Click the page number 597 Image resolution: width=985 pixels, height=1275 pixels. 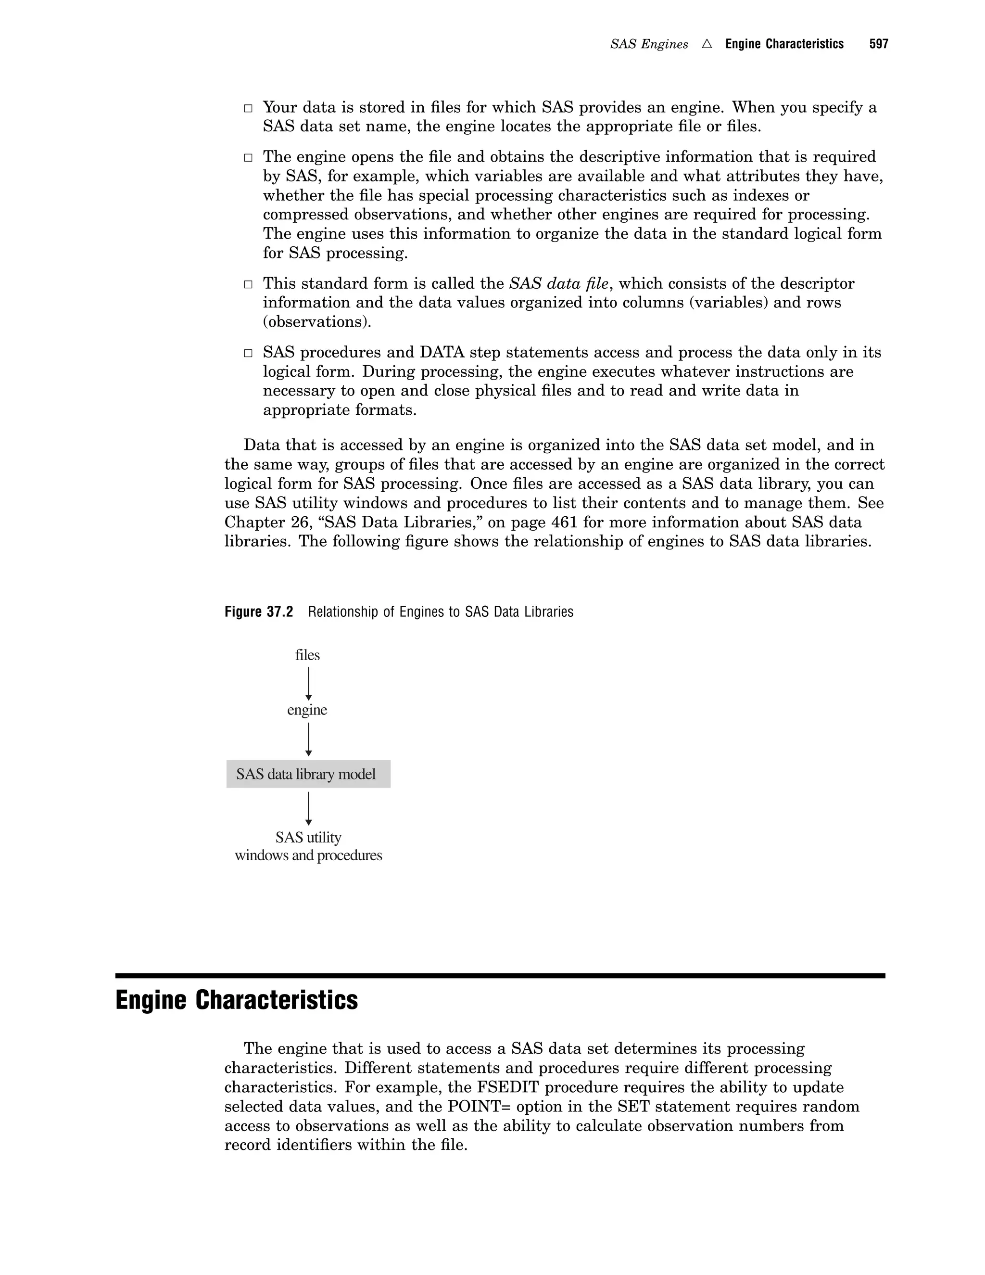(878, 44)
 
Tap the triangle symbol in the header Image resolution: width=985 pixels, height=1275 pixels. (707, 44)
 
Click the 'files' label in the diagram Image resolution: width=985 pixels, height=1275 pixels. (307, 655)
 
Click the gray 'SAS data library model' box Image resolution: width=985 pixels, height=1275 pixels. (308, 774)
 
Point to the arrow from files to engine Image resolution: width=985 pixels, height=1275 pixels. (309, 683)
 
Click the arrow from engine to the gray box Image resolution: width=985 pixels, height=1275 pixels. (309, 739)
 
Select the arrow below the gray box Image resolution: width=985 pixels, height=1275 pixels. (309, 809)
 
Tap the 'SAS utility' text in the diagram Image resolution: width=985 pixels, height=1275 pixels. (308, 837)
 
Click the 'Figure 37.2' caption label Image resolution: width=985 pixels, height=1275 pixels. (258, 612)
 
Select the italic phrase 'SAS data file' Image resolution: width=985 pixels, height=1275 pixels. (558, 284)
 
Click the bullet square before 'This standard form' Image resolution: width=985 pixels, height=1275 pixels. (248, 285)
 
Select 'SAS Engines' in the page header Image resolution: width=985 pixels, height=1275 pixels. (649, 44)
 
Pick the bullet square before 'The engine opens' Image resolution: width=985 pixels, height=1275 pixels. (248, 158)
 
